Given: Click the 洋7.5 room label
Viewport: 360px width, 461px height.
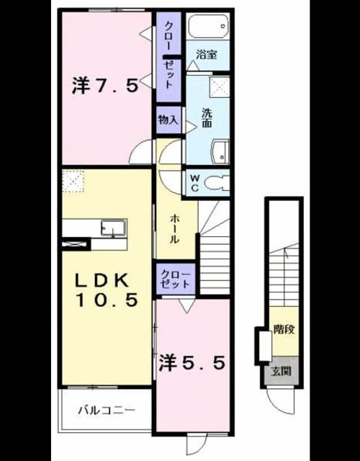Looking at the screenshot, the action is [105, 86].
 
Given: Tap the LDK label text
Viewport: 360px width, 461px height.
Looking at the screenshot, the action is [102, 280].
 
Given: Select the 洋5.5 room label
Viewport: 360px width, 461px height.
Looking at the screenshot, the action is [192, 362].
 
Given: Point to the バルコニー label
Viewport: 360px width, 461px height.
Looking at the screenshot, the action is [107, 410].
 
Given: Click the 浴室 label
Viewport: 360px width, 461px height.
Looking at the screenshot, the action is [207, 55].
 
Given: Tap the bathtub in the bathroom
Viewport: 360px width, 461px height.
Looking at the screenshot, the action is [208, 26].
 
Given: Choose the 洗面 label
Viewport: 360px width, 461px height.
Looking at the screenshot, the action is [207, 118].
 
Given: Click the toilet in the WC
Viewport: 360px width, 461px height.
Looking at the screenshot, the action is [217, 183].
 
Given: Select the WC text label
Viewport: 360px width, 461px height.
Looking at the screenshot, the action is [195, 183].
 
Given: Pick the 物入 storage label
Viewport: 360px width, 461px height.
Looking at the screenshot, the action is [168, 120].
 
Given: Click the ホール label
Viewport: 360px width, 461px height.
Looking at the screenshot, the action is [174, 229].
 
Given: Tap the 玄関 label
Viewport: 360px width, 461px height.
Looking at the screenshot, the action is [282, 372].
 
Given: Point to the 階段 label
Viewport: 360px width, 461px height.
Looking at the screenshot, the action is [284, 329].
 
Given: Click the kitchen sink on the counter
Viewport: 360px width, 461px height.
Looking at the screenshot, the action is [113, 228].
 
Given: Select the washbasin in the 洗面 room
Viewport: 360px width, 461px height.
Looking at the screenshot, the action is [221, 152].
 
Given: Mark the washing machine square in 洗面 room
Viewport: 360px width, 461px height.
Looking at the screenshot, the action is [220, 87].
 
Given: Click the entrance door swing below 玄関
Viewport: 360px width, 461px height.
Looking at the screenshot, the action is [280, 402].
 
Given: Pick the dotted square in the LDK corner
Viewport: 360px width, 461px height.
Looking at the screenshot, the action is [73, 181].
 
